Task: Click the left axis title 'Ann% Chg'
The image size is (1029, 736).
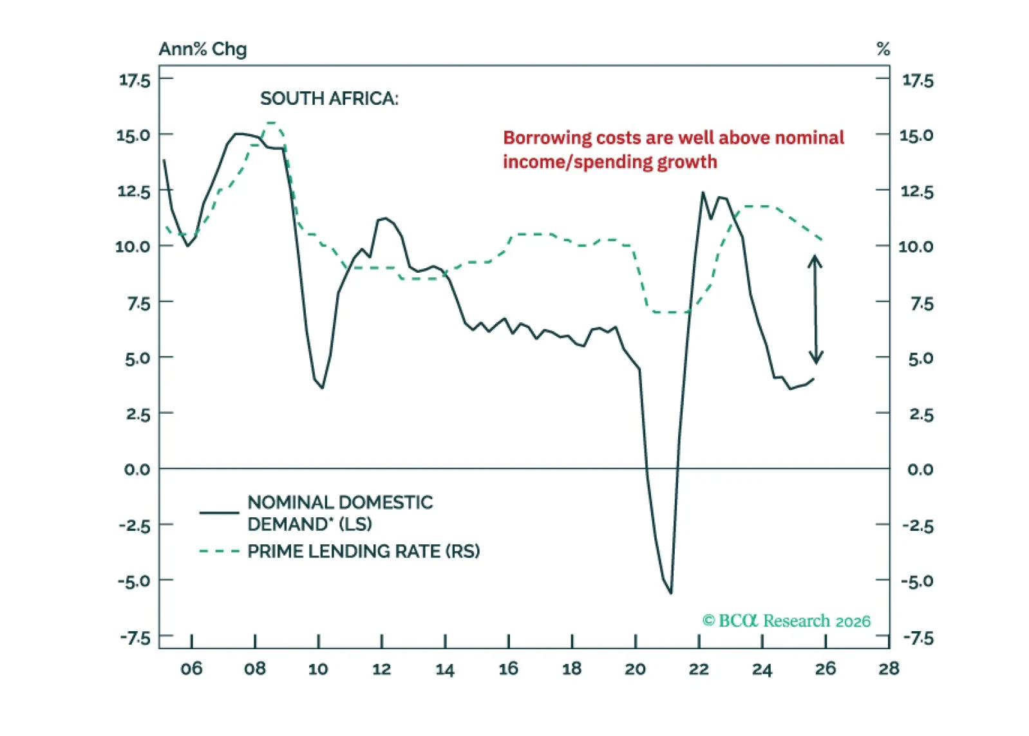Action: (x=202, y=49)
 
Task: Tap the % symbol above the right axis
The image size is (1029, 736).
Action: (x=883, y=49)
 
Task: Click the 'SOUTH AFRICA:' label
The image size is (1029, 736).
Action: (x=329, y=98)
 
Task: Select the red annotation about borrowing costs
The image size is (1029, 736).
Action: (x=673, y=149)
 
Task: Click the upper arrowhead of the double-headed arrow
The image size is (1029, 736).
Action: (x=815, y=260)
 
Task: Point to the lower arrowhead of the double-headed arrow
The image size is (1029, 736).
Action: (x=816, y=358)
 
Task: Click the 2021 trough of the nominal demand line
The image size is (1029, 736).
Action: (x=671, y=593)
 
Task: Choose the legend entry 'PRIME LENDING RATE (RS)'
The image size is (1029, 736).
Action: (x=363, y=551)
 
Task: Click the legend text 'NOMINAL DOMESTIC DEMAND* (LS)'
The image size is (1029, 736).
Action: (x=340, y=513)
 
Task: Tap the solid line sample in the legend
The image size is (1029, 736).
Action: (x=219, y=513)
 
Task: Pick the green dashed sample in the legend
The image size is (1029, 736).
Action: (x=219, y=551)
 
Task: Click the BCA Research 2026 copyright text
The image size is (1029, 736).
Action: (x=786, y=621)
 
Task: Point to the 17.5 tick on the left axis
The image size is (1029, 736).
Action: (x=135, y=80)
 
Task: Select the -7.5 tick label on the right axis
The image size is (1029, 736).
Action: (x=918, y=638)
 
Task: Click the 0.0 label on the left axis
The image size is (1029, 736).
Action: (x=137, y=470)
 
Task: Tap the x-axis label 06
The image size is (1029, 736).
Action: (x=191, y=669)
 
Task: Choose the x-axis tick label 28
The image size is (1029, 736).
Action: (x=889, y=669)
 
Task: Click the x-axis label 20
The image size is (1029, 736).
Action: (x=635, y=669)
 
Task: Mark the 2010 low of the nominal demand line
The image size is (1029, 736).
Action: (x=322, y=387)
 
